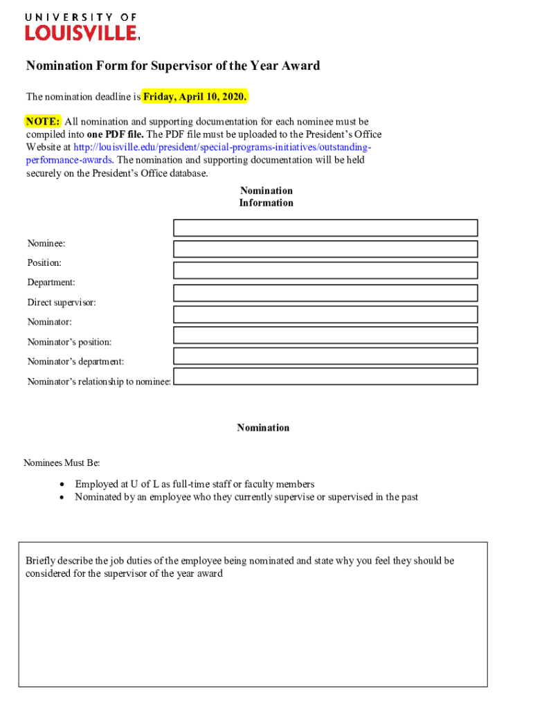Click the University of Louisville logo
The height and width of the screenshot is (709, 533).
(82, 26)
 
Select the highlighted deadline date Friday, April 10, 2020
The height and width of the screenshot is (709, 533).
(195, 96)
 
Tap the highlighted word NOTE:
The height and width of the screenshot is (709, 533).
(43, 121)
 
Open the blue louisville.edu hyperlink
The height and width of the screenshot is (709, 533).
(222, 147)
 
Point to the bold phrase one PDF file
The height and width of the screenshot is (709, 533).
(116, 134)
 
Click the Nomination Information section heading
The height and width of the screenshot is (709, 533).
(266, 197)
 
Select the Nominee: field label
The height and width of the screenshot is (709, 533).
(46, 244)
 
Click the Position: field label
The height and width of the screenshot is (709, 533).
(44, 263)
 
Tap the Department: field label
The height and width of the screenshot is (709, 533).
(51, 282)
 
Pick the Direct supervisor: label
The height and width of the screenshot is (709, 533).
(62, 303)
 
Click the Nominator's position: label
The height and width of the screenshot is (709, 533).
(69, 342)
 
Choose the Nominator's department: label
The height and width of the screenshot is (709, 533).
(75, 361)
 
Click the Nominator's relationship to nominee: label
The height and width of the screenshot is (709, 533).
(99, 382)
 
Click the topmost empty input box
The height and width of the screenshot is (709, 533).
(325, 228)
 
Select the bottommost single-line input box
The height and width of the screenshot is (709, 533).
(325, 377)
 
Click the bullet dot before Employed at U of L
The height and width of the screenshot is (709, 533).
(62, 485)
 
